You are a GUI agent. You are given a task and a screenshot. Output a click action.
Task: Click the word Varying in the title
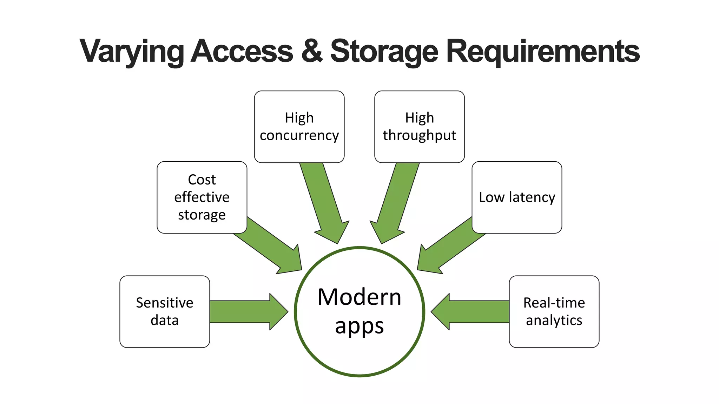(131, 52)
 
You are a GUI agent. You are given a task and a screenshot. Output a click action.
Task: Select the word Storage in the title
(384, 52)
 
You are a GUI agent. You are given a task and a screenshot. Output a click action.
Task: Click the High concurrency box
(299, 127)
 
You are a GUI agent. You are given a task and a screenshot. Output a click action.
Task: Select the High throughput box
(419, 127)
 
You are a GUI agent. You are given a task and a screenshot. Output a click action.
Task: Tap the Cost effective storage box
(202, 197)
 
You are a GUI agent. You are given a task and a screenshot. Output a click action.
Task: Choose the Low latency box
(517, 197)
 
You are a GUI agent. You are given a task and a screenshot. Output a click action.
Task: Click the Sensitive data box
(165, 311)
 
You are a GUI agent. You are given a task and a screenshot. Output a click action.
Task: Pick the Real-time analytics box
(554, 311)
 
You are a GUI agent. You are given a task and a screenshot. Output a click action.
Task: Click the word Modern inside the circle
(359, 297)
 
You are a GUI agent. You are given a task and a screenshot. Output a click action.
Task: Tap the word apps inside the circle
(359, 326)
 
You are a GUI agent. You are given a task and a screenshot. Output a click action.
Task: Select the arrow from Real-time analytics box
(470, 312)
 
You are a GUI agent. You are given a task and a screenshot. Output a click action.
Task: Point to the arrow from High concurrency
(325, 203)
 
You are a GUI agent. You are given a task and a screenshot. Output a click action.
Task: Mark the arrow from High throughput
(395, 203)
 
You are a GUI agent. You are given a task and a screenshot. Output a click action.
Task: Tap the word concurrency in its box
(299, 135)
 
